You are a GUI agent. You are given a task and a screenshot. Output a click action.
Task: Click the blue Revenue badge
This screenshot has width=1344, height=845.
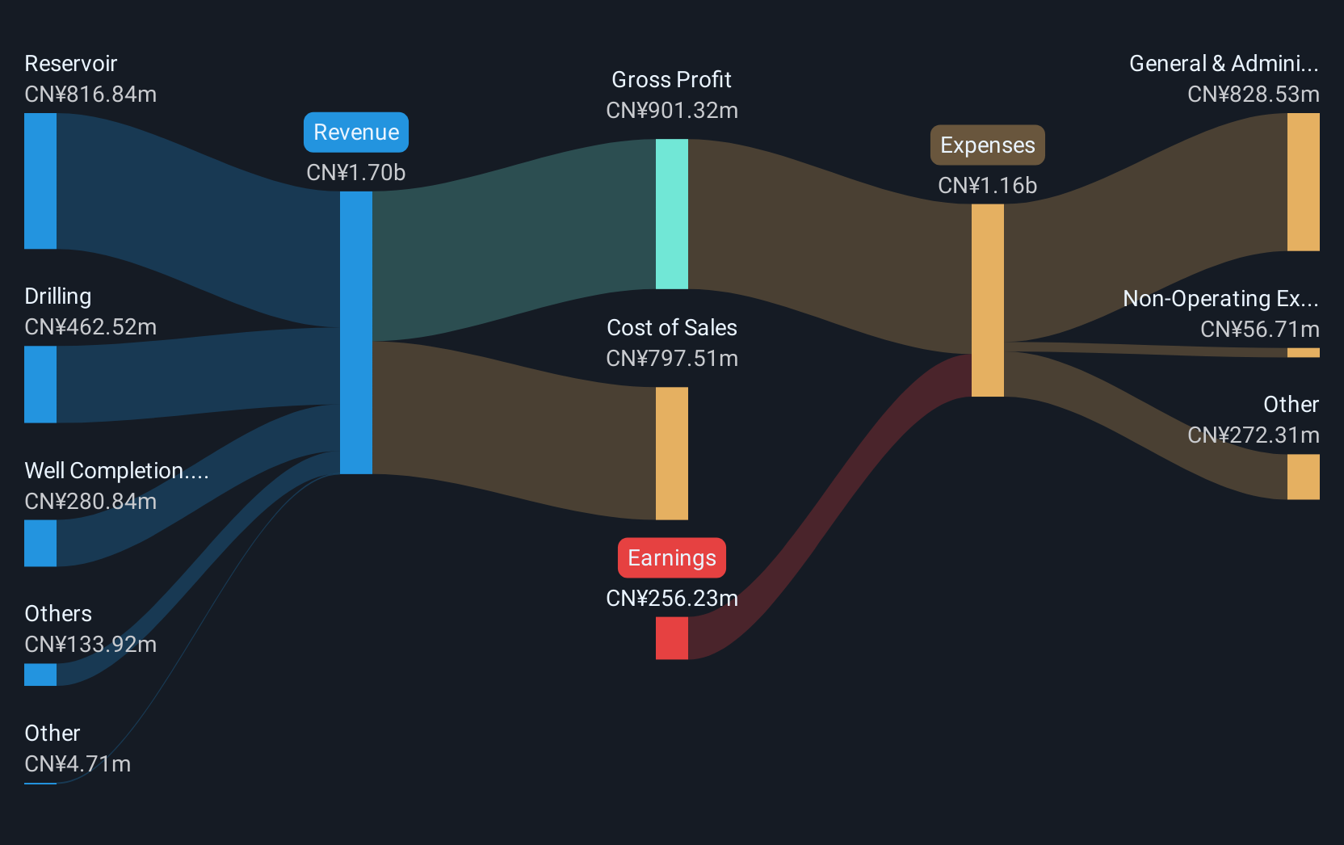(x=356, y=132)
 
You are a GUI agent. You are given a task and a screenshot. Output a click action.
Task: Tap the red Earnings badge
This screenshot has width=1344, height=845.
(x=671, y=557)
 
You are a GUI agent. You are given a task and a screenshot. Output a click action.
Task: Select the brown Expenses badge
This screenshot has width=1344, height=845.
(x=988, y=145)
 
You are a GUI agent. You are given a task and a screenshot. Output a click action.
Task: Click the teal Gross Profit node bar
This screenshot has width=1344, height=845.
(x=672, y=214)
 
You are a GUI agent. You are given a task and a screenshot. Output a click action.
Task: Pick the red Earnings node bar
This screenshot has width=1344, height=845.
(x=672, y=638)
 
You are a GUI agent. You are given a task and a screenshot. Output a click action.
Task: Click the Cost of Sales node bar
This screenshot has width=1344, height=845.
(x=672, y=453)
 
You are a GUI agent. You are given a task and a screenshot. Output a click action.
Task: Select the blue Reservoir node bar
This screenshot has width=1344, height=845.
(x=40, y=181)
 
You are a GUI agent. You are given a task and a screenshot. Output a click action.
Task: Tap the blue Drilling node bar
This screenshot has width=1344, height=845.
(x=40, y=385)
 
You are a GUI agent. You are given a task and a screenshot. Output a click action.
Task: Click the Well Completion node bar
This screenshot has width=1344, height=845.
(x=40, y=543)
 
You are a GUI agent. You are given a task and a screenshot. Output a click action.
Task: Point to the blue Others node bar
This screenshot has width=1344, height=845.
(x=40, y=675)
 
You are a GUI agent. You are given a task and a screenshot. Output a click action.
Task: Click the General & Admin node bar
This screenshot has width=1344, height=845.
(x=1303, y=182)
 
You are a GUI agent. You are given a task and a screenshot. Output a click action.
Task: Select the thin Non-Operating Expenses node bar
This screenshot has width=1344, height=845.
(x=1303, y=353)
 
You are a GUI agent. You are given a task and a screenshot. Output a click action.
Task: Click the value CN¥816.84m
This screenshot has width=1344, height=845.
(x=90, y=95)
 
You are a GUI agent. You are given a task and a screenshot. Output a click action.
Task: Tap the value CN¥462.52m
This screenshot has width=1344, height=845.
(x=90, y=327)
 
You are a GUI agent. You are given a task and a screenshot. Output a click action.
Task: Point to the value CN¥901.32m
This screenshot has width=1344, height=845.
(x=672, y=111)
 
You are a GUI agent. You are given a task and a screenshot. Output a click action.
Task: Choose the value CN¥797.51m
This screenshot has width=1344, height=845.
(x=672, y=359)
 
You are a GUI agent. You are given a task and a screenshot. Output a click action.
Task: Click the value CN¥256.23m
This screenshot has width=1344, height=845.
(x=672, y=599)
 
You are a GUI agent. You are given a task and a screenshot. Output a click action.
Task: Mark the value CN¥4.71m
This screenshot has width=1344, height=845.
(x=78, y=764)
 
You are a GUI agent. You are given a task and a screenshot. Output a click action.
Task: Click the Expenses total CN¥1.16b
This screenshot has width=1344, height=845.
(x=988, y=186)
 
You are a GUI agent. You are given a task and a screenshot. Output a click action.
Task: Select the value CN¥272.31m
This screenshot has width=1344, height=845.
(x=1254, y=435)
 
